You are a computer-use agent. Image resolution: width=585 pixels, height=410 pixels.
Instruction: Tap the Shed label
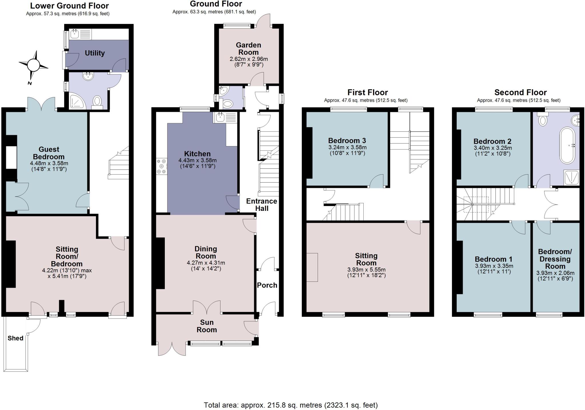15,338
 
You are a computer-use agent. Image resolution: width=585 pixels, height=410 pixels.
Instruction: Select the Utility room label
95,53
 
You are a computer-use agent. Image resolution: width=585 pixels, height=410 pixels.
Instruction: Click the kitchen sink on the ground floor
225,117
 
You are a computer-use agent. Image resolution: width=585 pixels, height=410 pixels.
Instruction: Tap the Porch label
267,285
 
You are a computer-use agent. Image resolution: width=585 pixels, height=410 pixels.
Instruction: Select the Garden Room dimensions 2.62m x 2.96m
249,59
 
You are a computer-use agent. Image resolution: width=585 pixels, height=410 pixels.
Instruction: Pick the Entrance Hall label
262,205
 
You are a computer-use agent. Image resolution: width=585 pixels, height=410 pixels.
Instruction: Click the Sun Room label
207,326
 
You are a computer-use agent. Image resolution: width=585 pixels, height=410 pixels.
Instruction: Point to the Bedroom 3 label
347,141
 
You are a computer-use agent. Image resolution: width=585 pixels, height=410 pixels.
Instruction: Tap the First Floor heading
367,93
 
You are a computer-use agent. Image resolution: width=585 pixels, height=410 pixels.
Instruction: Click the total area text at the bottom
291,405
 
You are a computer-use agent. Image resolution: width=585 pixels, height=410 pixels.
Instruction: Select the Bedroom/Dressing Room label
555,259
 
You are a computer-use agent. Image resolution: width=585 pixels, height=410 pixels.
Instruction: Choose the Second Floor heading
520,93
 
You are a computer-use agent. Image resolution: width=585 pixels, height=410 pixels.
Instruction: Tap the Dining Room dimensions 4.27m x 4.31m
206,263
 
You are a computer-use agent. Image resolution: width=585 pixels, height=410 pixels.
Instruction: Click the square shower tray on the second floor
571,177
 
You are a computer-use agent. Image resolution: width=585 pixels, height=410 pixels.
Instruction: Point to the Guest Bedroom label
49,153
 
